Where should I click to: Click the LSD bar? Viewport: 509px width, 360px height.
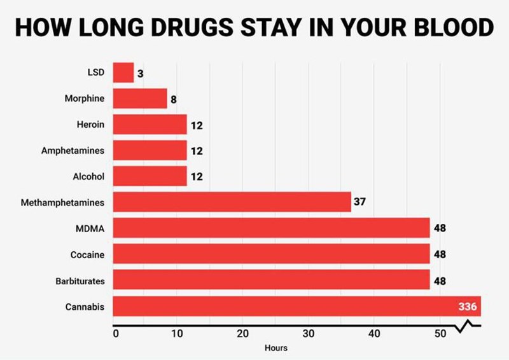pyautogui.click(x=123, y=73)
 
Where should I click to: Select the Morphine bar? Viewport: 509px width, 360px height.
pyautogui.click(x=140, y=99)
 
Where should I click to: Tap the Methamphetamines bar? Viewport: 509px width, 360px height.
pyautogui.click(x=232, y=202)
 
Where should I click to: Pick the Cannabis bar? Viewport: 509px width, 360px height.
pyautogui.click(x=296, y=307)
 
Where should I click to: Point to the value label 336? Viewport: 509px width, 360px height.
pyautogui.click(x=468, y=307)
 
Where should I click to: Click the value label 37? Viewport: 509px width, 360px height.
pyautogui.click(x=359, y=202)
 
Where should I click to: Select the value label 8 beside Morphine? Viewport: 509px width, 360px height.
pyautogui.click(x=173, y=99)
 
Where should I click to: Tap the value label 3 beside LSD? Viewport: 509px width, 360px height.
pyautogui.click(x=140, y=73)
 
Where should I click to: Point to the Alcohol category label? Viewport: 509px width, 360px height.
pyautogui.click(x=88, y=177)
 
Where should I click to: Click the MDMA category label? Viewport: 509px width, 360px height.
pyautogui.click(x=90, y=228)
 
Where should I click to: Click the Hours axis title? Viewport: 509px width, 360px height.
pyautogui.click(x=276, y=348)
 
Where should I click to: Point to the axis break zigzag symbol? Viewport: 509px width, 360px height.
pyautogui.click(x=467, y=328)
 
